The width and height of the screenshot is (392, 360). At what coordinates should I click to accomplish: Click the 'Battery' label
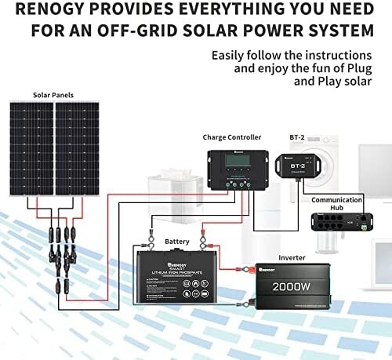tap(176, 241)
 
